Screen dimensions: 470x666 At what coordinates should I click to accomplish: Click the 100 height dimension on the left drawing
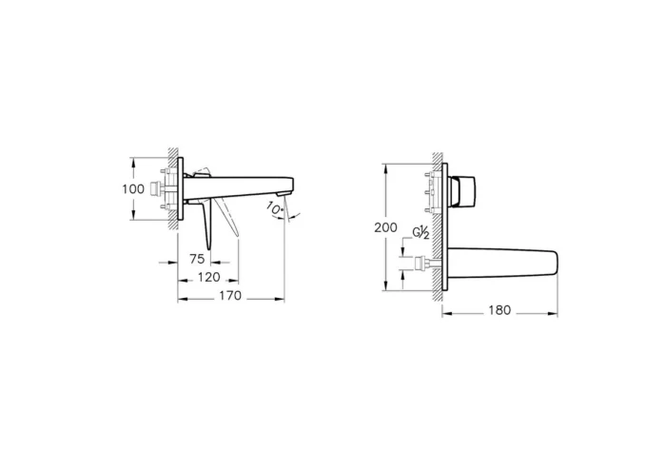point(132,188)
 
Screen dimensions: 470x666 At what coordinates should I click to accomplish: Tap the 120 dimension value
point(208,277)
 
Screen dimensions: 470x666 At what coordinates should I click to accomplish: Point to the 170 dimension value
point(231,297)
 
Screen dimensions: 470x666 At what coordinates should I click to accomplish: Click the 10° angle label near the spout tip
point(275,206)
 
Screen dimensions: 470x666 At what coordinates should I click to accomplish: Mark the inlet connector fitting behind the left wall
point(154,188)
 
